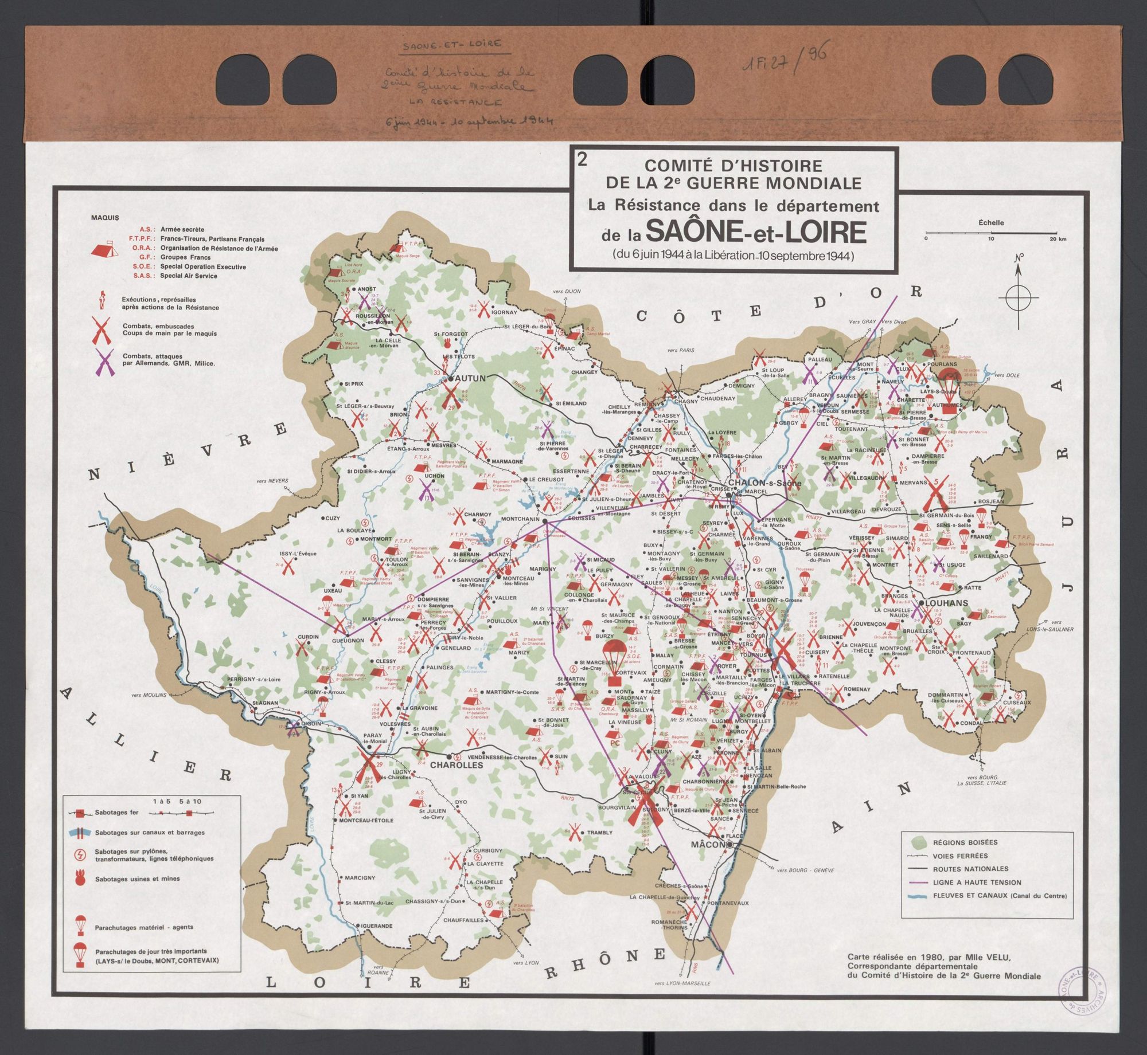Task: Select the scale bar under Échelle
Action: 991,234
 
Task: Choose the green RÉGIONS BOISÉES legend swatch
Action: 919,842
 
